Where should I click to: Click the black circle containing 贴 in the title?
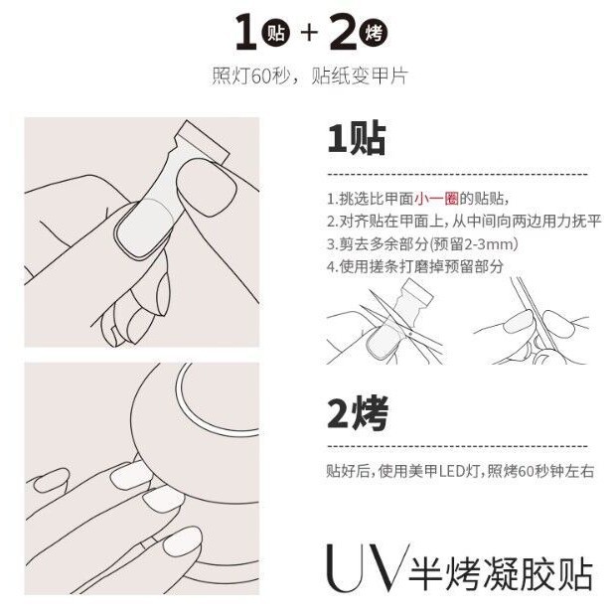click(x=276, y=33)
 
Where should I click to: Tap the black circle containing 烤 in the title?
click(x=374, y=33)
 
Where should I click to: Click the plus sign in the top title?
click(x=309, y=33)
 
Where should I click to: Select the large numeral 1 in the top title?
click(x=246, y=32)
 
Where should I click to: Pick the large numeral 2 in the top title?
click(x=344, y=32)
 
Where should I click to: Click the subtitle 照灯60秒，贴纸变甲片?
click(x=310, y=76)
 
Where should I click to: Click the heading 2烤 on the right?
click(x=358, y=412)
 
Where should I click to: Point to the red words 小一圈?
click(x=436, y=199)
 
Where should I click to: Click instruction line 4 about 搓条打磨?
click(x=414, y=266)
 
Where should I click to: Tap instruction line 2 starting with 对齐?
click(x=464, y=222)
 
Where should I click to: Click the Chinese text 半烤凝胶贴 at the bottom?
click(x=501, y=573)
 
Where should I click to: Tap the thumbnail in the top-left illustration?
click(x=207, y=188)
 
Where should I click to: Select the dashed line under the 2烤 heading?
click(x=457, y=446)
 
